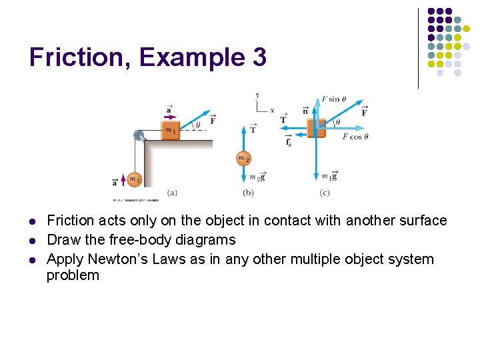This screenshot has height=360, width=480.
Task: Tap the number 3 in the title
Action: pyautogui.click(x=259, y=57)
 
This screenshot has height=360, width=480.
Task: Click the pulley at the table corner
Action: pyautogui.click(x=139, y=135)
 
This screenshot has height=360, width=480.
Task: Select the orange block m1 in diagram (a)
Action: pyautogui.click(x=171, y=129)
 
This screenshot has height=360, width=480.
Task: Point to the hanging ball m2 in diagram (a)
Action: pyautogui.click(x=135, y=179)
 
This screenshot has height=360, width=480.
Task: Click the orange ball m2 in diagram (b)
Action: pyautogui.click(x=244, y=159)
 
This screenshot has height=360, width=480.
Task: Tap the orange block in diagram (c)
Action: pyautogui.click(x=316, y=127)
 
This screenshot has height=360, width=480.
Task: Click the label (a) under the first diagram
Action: pyautogui.click(x=171, y=193)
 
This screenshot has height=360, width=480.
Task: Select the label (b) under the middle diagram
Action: pyautogui.click(x=248, y=193)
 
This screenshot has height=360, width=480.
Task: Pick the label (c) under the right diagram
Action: pyautogui.click(x=325, y=193)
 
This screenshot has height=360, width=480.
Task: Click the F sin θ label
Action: pyautogui.click(x=334, y=99)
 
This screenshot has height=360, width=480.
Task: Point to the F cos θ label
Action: pyautogui.click(x=355, y=137)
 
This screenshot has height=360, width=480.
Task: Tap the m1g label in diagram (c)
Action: pyautogui.click(x=329, y=176)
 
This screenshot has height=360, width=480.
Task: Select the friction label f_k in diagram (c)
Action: pyautogui.click(x=288, y=141)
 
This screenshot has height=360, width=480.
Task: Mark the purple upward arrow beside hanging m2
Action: pyautogui.click(x=123, y=180)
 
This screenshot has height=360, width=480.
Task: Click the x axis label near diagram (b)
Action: pyautogui.click(x=272, y=110)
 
